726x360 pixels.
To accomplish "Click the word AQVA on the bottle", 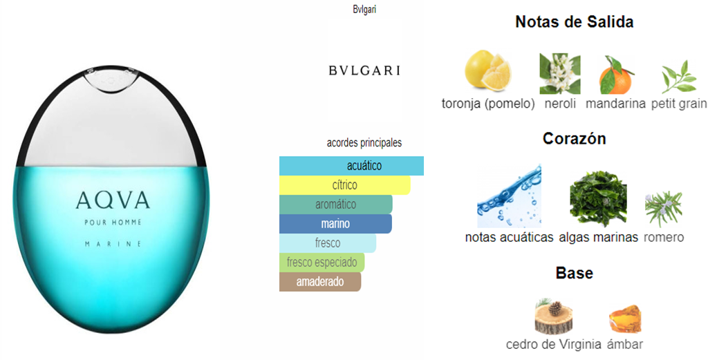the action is coord(113,200).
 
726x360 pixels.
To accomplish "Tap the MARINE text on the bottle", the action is coord(113,243).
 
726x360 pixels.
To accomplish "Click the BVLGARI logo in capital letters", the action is coord(364,70).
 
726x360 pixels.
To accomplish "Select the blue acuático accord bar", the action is coord(351,166).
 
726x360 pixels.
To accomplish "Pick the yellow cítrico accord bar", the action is coord(344,185).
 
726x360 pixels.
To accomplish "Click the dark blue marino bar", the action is coord(335,223).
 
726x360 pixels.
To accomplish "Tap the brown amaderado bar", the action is coord(320,281).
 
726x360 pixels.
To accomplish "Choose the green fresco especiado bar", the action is coord(322,263).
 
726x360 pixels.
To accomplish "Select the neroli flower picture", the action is coord(560,73).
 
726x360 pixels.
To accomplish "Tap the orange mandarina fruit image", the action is coord(616,75).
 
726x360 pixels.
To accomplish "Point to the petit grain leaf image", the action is coord(679,77).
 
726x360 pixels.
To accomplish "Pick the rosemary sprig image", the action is coord(664,209).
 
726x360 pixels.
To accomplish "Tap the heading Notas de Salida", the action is coord(574,21).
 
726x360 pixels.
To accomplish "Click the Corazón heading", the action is coord(574,138).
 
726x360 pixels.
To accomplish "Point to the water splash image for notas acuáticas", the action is coord(510,196).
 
